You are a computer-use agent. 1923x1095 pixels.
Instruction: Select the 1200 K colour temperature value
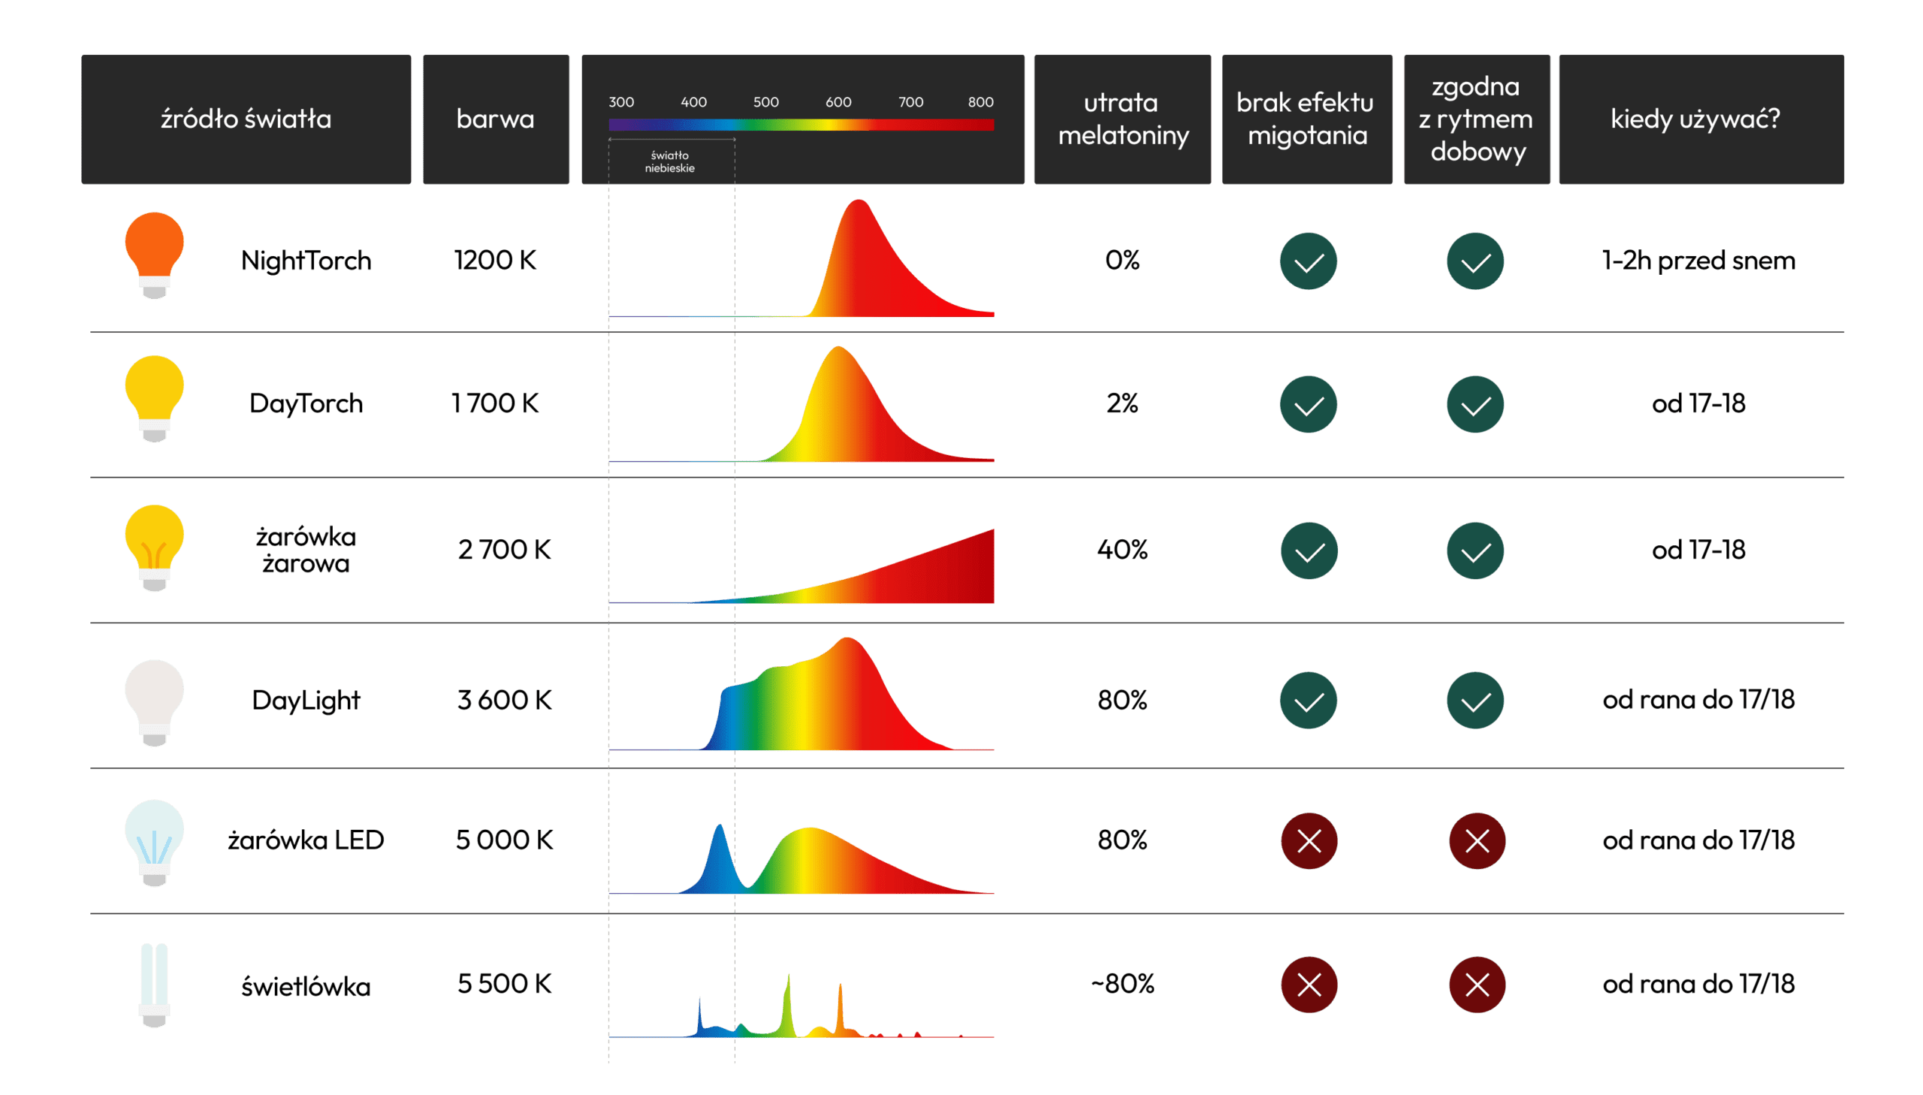495,260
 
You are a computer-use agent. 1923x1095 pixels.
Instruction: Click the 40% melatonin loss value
1121,550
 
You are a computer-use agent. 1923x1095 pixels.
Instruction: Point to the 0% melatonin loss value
1121,260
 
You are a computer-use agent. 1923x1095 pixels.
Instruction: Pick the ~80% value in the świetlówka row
1122,984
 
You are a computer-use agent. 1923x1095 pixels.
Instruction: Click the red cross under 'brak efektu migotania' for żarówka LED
1309,841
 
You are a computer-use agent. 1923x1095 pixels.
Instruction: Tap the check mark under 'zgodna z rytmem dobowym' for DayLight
1475,700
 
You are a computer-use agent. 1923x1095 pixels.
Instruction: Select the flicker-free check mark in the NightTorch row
1308,261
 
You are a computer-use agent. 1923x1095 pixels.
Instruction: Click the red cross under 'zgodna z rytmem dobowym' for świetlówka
1476,985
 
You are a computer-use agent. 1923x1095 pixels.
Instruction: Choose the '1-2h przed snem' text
1698,260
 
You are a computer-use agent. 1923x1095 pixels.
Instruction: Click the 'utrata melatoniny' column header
1122,119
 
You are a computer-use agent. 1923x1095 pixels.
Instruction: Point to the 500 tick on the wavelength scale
765,102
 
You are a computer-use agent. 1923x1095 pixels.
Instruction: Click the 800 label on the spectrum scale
980,102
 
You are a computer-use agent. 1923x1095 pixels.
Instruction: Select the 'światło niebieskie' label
669,161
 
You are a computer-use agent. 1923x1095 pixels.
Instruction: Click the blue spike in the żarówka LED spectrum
720,850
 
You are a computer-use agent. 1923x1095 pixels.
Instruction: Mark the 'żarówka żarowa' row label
305,550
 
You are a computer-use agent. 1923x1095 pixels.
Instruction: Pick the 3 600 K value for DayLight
504,700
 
